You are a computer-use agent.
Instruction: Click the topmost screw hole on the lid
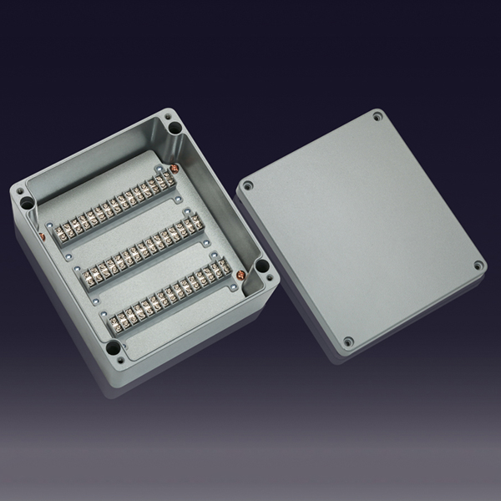point(377,116)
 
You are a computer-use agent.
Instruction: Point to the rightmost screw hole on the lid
point(478,266)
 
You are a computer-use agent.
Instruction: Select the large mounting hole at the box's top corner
point(173,129)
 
